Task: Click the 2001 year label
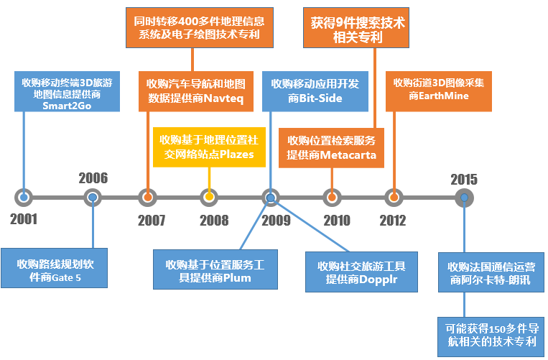coord(24,219)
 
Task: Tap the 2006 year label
coord(93,178)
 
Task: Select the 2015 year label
coord(464,180)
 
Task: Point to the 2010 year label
coord(337,221)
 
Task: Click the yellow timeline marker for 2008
coord(209,198)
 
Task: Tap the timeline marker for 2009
coord(271,198)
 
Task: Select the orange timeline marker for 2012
coord(394,198)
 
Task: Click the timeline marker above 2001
coord(24,198)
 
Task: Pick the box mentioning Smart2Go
coord(67,91)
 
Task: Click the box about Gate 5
coord(54,268)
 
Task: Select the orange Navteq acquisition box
coord(196,91)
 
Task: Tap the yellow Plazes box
coord(209,147)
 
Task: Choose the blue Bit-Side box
coord(315,91)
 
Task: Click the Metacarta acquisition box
coord(331,148)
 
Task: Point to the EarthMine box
coord(439,91)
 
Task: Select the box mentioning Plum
coord(215,269)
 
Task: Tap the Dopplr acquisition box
coord(361,272)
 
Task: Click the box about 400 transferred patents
coord(200,27)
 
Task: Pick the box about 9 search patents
coord(356,27)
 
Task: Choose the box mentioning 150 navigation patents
coord(491,337)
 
